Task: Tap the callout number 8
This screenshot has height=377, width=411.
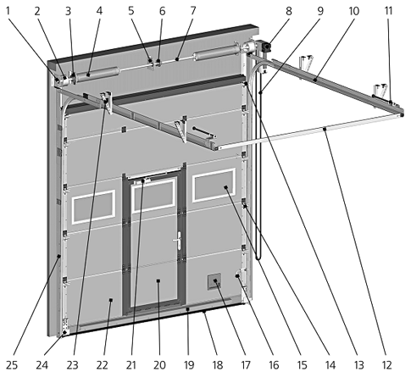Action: click(291, 11)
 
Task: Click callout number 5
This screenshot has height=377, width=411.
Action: click(131, 11)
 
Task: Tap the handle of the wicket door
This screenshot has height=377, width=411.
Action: click(176, 243)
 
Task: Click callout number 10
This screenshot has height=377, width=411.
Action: click(354, 11)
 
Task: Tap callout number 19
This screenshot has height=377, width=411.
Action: click(186, 365)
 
